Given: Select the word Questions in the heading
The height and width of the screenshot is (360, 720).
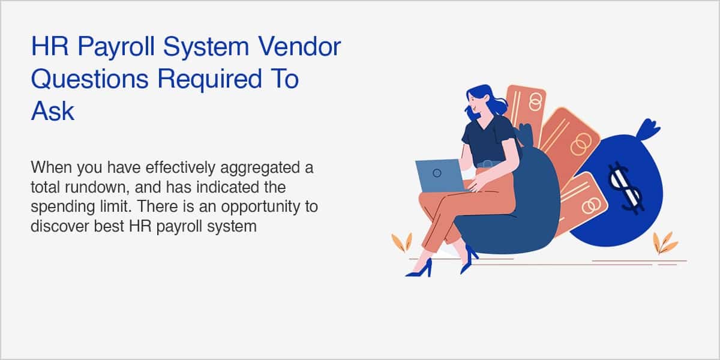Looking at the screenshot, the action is (x=89, y=79).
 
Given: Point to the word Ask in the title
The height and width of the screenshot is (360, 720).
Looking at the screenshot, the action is (x=53, y=111).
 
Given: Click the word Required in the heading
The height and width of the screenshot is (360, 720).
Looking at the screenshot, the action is (x=209, y=80).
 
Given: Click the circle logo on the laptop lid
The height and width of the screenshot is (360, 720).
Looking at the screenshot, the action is (x=437, y=173).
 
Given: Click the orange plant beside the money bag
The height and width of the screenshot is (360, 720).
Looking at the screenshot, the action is (x=664, y=242).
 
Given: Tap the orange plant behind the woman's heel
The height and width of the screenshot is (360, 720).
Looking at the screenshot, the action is (x=402, y=242).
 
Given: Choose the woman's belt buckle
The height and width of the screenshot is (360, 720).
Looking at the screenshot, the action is (x=487, y=164).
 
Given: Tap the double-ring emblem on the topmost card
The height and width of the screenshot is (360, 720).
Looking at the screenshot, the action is (x=535, y=102).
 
